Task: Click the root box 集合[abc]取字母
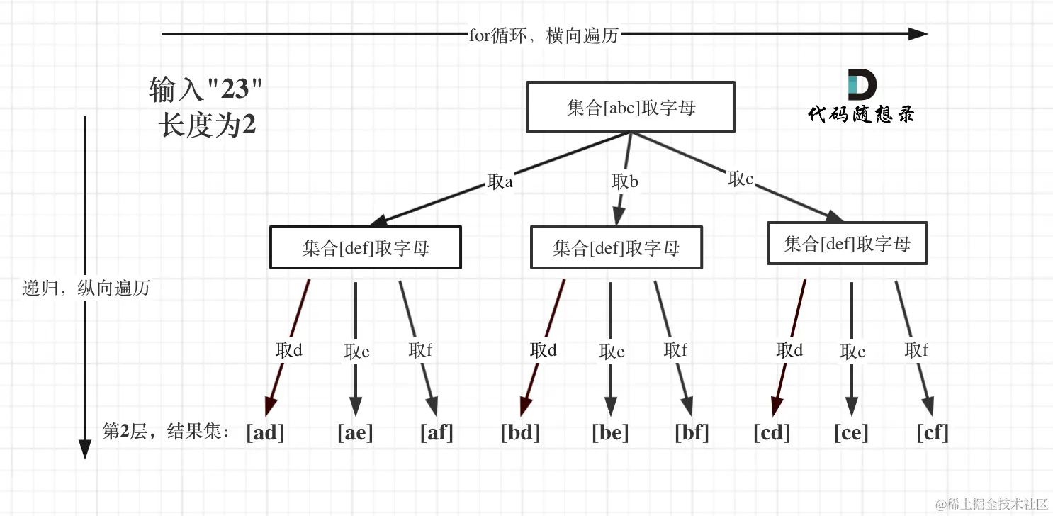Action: (x=630, y=107)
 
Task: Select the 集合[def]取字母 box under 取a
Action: (x=365, y=247)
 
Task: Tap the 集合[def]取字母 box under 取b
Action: (x=616, y=247)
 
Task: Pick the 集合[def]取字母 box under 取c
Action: (x=847, y=245)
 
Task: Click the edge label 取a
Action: (x=500, y=181)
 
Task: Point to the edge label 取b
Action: (x=624, y=181)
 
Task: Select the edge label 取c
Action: (x=740, y=179)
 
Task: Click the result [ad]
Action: (x=265, y=432)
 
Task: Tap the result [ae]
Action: (x=355, y=432)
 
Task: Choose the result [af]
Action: (x=437, y=432)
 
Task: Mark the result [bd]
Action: (x=520, y=432)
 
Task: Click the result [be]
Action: (x=610, y=432)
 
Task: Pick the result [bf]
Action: (x=692, y=432)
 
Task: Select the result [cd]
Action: (x=772, y=432)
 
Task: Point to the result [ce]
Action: (x=851, y=432)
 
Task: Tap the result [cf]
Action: (x=933, y=432)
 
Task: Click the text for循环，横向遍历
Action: (x=544, y=35)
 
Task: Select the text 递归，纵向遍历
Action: (x=86, y=288)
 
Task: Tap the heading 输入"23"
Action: (x=206, y=90)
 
